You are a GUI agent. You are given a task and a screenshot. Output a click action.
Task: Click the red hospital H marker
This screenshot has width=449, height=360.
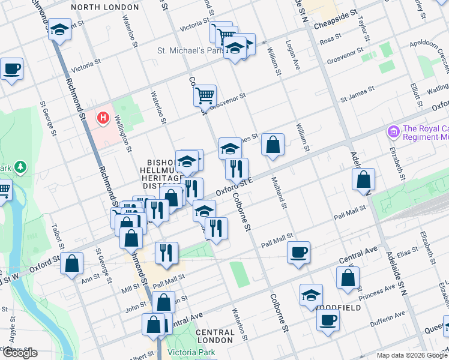103,116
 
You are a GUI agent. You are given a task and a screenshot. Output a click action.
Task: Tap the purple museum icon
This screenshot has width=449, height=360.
394,131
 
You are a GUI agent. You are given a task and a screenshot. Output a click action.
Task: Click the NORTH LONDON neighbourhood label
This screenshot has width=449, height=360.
105,7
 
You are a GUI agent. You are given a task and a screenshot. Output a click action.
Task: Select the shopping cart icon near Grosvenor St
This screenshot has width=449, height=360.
205,94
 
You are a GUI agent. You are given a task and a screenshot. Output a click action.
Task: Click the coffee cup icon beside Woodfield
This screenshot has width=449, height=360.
328,319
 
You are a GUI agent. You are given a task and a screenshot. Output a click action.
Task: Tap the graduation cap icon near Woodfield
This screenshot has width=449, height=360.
311,294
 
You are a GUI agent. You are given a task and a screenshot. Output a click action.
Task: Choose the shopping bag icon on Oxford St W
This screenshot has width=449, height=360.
72,262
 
